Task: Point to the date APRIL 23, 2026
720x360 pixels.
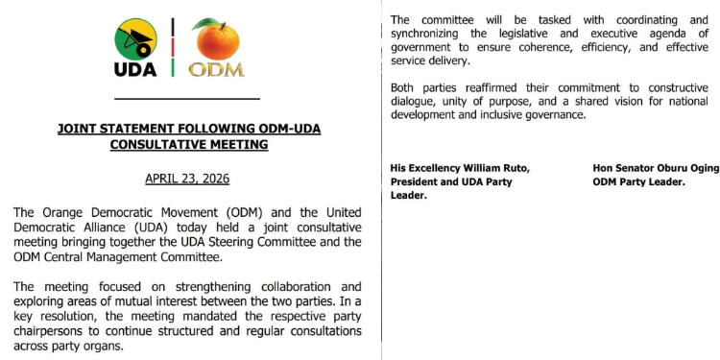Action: (x=187, y=179)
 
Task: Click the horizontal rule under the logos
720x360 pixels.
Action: (x=186, y=99)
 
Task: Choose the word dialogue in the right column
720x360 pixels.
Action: (x=416, y=102)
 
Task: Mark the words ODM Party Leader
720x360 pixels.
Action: (x=638, y=181)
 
